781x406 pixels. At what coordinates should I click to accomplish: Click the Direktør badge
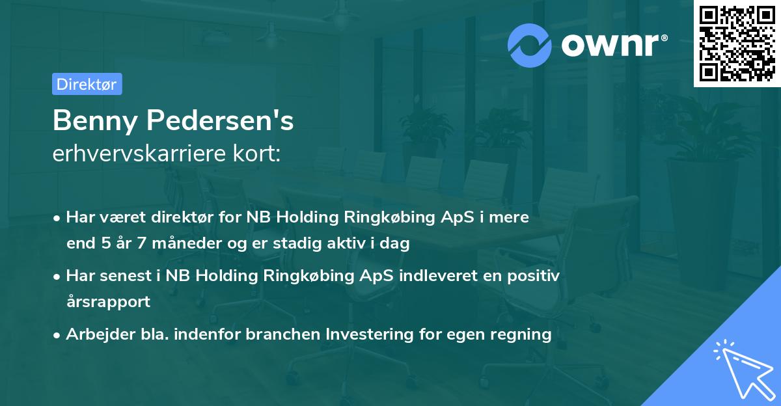[87, 84]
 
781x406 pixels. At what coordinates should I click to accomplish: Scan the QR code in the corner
[737, 43]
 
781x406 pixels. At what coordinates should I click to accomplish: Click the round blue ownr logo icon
[530, 45]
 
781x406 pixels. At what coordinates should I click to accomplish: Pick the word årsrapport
[108, 302]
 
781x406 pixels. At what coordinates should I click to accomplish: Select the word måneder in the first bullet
[184, 244]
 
